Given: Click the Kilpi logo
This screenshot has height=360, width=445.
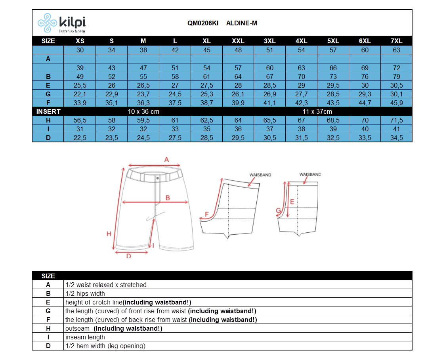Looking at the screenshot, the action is click(61, 23).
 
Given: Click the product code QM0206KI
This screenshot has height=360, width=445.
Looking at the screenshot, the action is click(202, 23).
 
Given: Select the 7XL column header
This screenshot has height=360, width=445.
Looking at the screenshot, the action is click(396, 41).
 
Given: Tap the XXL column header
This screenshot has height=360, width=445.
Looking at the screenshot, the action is click(238, 41).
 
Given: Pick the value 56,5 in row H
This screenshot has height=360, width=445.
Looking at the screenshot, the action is click(80, 120).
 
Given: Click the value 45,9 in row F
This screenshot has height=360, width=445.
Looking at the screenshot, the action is click(396, 103).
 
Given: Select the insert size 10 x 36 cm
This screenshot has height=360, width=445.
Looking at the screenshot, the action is click(143, 111).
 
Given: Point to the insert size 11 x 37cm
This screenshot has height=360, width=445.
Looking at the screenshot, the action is click(317, 111).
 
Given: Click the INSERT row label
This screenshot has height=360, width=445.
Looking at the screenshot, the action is click(48, 111).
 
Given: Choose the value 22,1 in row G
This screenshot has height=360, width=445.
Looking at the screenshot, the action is click(80, 94).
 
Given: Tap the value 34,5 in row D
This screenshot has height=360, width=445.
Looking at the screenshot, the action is click(396, 138).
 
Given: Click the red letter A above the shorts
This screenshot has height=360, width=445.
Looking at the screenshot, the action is click(166, 159).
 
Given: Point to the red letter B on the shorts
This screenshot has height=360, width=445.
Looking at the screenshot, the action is click(168, 198).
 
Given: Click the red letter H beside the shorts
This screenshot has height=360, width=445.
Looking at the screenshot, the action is click(109, 234).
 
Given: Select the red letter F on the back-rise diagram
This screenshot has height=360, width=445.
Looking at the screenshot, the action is click(206, 214).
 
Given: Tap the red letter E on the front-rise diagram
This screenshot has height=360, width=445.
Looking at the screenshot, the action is click(292, 202).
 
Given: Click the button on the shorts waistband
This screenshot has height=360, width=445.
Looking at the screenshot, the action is click(157, 178).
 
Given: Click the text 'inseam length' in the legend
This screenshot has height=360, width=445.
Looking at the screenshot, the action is click(85, 337).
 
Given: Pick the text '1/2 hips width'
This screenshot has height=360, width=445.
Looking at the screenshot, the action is click(85, 293).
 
